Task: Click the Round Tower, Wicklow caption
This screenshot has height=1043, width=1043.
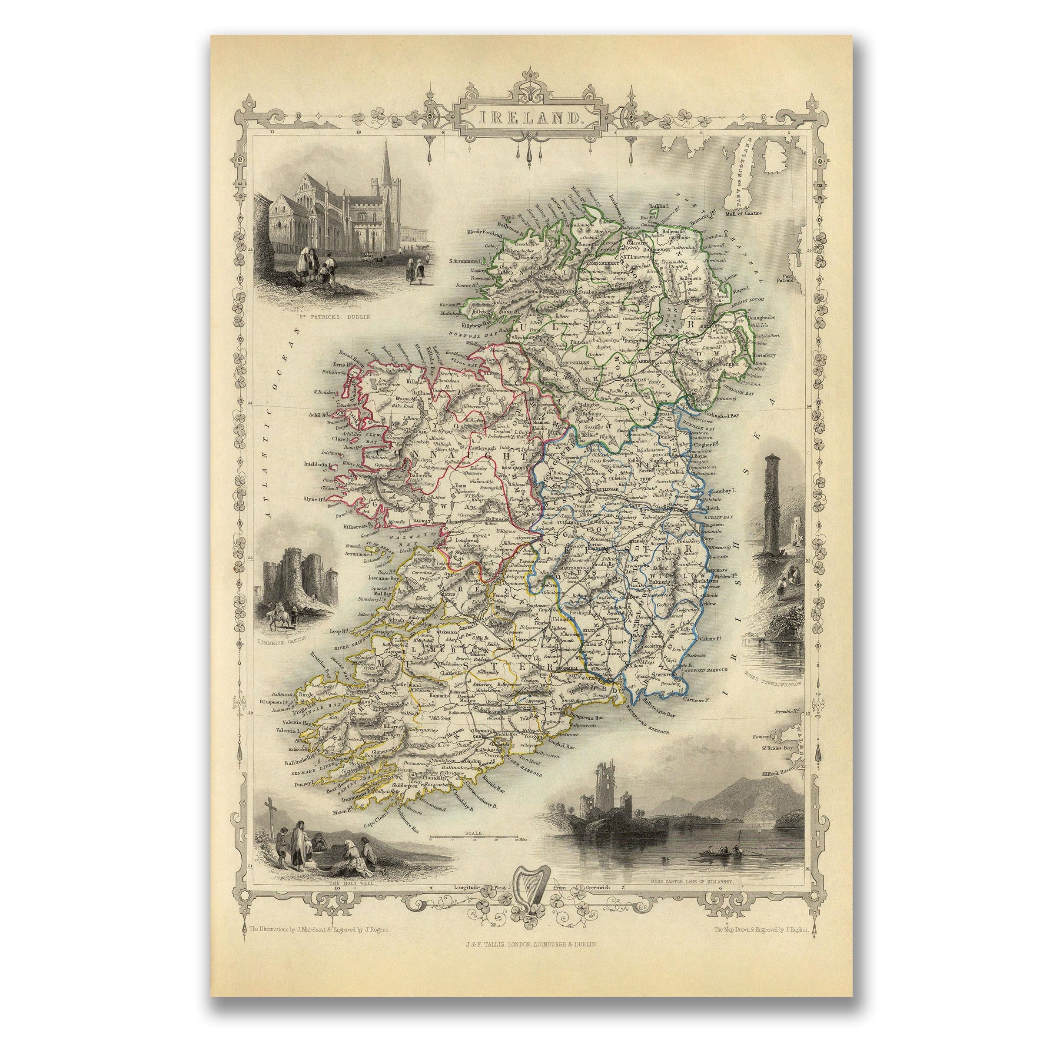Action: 774,683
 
